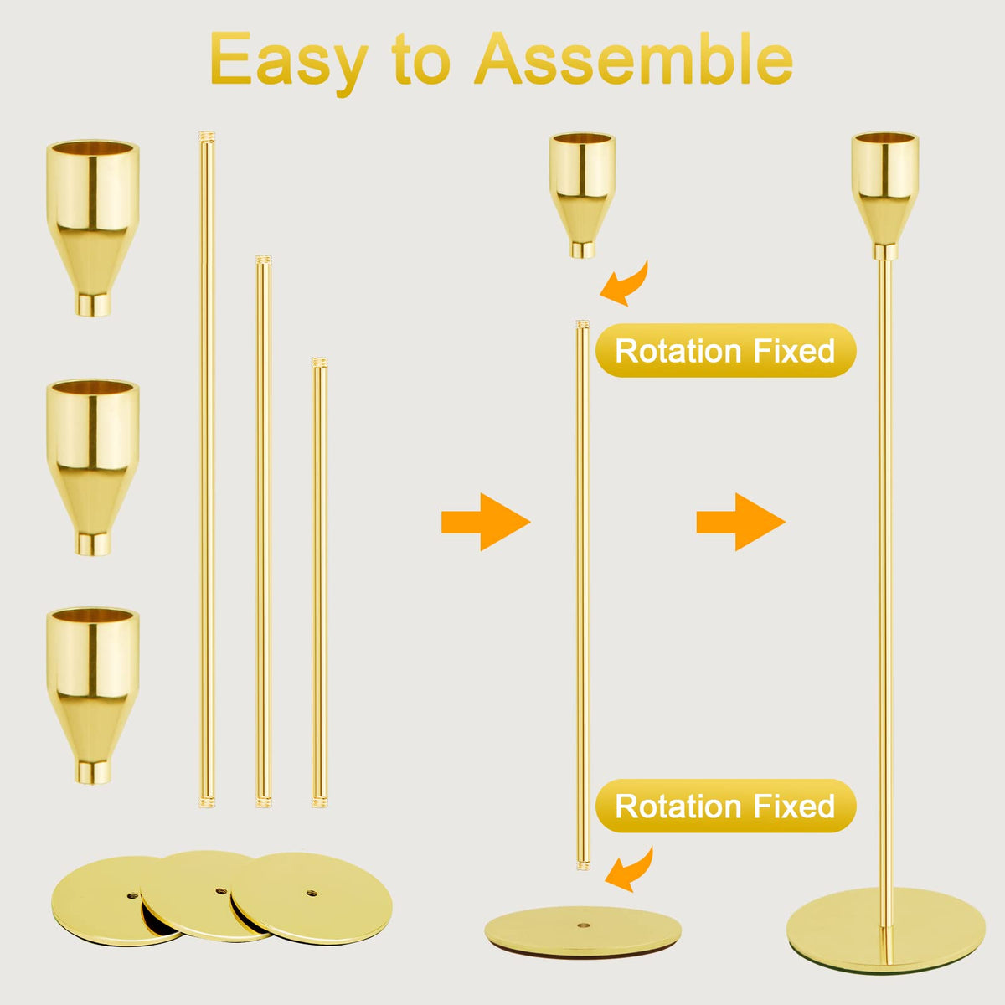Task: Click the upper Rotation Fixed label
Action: (x=725, y=350)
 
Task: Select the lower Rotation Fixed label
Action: (x=725, y=806)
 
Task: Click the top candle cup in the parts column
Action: (x=93, y=228)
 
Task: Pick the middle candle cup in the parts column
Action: (x=93, y=467)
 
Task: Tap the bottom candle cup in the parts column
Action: (x=93, y=695)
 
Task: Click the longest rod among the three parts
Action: (x=207, y=469)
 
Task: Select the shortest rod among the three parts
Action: (x=320, y=583)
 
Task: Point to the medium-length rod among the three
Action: (x=263, y=532)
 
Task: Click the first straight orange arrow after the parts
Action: (x=486, y=522)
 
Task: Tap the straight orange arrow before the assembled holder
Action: (x=741, y=522)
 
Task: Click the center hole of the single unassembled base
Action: (x=583, y=926)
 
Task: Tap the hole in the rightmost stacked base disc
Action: (x=312, y=892)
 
